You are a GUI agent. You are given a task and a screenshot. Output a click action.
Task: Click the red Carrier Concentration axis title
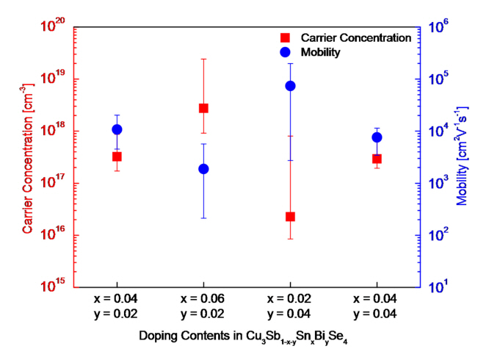point(27,156)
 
